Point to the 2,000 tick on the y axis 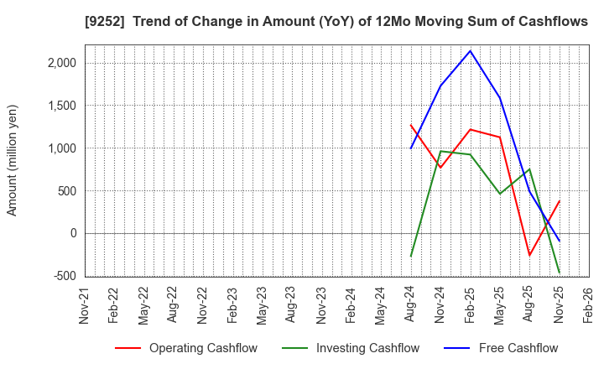(x=61, y=63)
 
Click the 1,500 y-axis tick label (x=61, y=106)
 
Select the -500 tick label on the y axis (x=65, y=276)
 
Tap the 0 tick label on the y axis (x=72, y=233)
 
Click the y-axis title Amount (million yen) (x=13, y=160)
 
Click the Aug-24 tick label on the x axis (x=411, y=304)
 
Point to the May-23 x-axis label (x=263, y=304)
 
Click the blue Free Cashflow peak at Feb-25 (x=471, y=50)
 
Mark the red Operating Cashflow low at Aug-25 (x=529, y=256)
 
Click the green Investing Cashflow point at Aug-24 (x=411, y=256)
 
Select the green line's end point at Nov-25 (x=559, y=273)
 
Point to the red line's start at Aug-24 (x=411, y=125)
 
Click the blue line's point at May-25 (x=500, y=97)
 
